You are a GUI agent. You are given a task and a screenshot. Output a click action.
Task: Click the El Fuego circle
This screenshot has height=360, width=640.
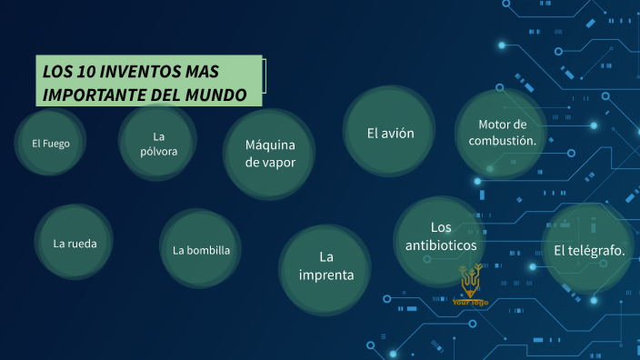click(51, 143)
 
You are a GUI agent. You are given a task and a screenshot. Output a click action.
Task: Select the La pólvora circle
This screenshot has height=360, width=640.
click(158, 143)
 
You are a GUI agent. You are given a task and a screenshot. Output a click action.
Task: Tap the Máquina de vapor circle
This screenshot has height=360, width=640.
click(270, 153)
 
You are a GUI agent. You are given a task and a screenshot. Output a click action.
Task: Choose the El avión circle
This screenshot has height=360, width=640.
click(391, 133)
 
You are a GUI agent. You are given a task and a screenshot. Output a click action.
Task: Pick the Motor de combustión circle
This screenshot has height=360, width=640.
click(502, 133)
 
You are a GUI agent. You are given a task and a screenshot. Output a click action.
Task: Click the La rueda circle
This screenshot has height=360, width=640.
click(75, 243)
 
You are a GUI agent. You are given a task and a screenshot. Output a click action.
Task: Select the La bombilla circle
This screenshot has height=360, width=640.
click(201, 250)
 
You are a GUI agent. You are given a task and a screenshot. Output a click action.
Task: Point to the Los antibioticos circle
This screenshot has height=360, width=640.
click(441, 235)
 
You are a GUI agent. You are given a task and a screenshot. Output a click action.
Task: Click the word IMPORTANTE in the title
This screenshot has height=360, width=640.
click(91, 94)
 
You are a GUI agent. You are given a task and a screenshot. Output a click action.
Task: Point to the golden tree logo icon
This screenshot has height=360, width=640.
click(470, 283)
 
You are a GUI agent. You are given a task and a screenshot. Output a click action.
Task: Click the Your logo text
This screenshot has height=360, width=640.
click(471, 303)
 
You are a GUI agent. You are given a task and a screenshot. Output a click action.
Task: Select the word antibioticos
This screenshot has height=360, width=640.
click(441, 245)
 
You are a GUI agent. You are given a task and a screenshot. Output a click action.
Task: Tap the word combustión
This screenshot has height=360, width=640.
click(503, 141)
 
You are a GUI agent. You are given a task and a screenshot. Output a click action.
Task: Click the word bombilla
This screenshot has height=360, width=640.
click(208, 250)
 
